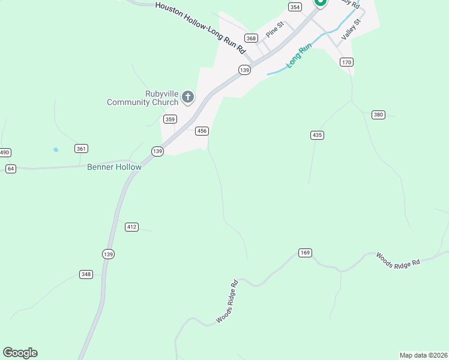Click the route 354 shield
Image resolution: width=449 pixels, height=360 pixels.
pyautogui.click(x=295, y=7)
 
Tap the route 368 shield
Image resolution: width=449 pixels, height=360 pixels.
pyautogui.click(x=252, y=38)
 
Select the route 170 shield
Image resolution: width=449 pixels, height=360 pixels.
pyautogui.click(x=346, y=62)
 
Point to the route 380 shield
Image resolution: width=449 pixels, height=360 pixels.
pyautogui.click(x=378, y=115)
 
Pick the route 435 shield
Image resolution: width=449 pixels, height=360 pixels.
pyautogui.click(x=318, y=135)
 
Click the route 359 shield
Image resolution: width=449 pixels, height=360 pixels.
pyautogui.click(x=170, y=119)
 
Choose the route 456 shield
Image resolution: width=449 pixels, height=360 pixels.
pyautogui.click(x=202, y=131)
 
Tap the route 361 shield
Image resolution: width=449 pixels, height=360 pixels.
pyautogui.click(x=81, y=148)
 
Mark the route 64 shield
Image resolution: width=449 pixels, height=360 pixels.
pyautogui.click(x=10, y=169)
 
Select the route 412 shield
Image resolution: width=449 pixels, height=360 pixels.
pyautogui.click(x=132, y=227)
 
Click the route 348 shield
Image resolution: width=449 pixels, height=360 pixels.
pyautogui.click(x=86, y=274)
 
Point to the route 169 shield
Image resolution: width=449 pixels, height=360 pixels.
pyautogui.click(x=305, y=253)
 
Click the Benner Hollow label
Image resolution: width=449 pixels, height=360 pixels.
pyautogui.click(x=114, y=167)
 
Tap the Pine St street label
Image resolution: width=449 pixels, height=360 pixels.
pyautogui.click(x=274, y=29)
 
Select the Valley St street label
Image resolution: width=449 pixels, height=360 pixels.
pyautogui.click(x=351, y=29)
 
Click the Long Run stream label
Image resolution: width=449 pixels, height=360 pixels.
pyautogui.click(x=299, y=55)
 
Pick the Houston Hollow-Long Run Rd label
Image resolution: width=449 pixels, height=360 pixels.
pyautogui.click(x=200, y=25)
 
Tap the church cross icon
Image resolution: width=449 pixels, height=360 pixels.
pyautogui.click(x=188, y=97)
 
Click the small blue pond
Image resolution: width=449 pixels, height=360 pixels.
pyautogui.click(x=56, y=149)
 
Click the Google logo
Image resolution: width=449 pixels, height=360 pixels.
pyautogui.click(x=20, y=353)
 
